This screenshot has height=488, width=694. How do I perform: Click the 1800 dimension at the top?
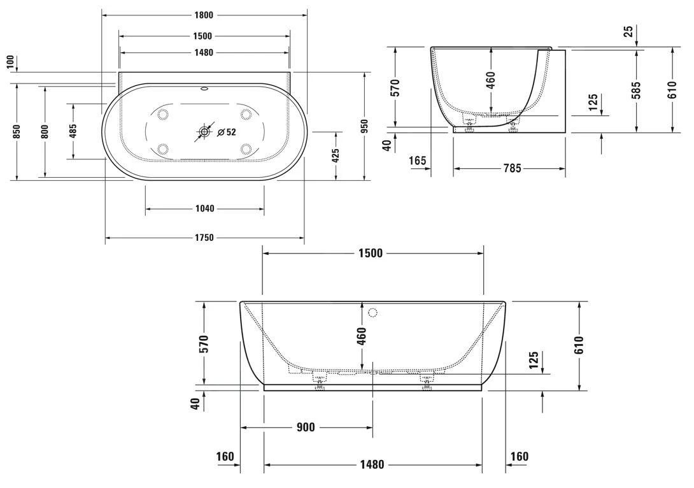click(x=204, y=15)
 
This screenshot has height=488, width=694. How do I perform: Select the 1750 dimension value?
click(x=204, y=238)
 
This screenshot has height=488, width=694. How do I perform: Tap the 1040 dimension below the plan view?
click(x=204, y=208)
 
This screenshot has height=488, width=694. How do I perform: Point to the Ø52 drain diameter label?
click(x=227, y=133)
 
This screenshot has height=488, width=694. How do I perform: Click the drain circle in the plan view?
click(x=204, y=133)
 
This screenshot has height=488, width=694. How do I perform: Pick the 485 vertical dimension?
click(x=73, y=131)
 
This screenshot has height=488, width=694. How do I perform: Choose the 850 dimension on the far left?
click(x=17, y=131)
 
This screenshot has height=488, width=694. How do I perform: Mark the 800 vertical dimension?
click(x=45, y=131)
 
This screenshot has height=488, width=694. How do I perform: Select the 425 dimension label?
click(x=336, y=155)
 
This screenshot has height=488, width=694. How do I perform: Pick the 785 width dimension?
click(x=512, y=168)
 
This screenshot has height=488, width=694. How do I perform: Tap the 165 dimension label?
click(x=418, y=161)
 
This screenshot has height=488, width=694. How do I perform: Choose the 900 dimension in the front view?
click(x=306, y=427)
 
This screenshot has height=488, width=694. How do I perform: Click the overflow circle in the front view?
click(x=373, y=313)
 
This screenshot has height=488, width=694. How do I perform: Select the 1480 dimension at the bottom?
click(x=371, y=464)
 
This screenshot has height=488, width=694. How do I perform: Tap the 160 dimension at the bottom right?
click(x=519, y=456)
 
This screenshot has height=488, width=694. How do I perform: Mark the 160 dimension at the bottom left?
click(x=225, y=456)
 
